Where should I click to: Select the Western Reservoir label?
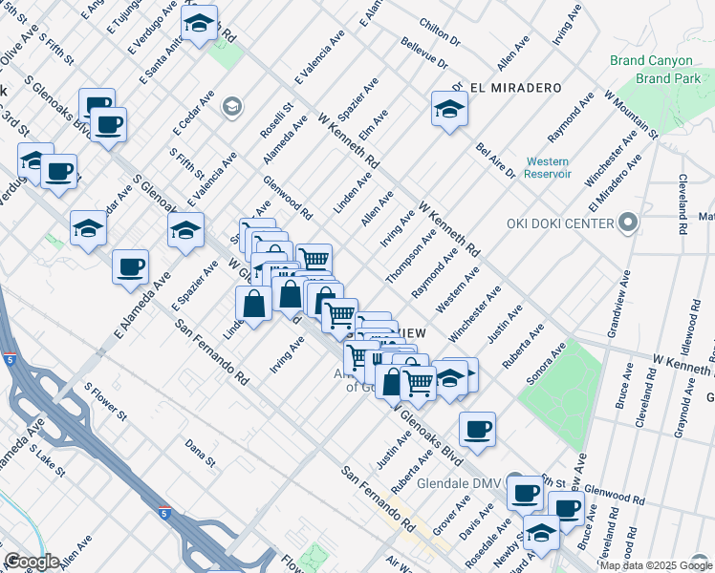(548, 168)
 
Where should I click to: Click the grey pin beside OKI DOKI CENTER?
(627, 224)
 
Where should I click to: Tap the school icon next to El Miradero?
(449, 110)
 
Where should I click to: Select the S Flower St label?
(105, 402)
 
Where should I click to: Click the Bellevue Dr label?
(424, 54)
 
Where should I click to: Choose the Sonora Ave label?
(543, 365)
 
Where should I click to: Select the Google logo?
(32, 562)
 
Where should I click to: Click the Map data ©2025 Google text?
(655, 565)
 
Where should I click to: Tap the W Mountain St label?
(631, 114)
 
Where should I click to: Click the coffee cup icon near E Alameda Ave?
(130, 267)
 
